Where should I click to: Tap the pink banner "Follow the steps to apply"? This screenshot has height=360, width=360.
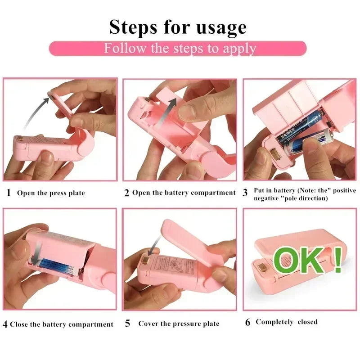pos(178,48)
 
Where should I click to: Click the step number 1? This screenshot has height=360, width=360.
pos(9,193)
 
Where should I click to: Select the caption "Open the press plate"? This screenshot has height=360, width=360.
pos(51,193)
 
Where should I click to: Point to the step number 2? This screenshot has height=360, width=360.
pos(127,193)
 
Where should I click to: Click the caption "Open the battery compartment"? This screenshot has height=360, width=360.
pos(184,193)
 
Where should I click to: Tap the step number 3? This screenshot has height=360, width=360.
pos(245,193)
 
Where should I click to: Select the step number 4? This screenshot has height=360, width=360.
pos(5,324)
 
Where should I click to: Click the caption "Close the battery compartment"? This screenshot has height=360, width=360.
pos(62,324)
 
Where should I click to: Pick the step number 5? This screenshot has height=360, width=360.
pos(127,324)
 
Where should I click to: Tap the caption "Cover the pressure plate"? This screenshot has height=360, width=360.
pos(179,324)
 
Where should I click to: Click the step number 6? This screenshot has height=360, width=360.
pos(248,322)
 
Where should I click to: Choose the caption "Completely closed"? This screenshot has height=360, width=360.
pos(287,322)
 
